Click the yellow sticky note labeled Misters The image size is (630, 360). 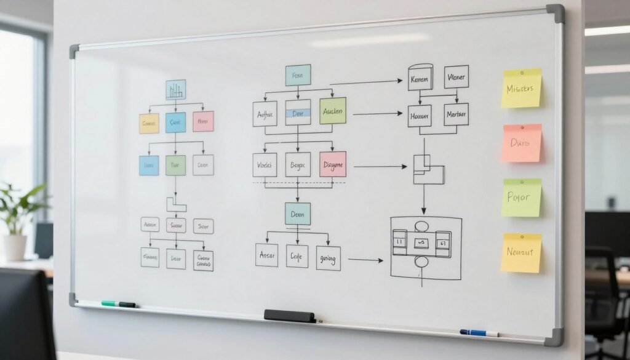[521, 88]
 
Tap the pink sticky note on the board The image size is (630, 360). [521, 143]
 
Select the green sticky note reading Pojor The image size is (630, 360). [521, 198]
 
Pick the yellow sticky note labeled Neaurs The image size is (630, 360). [520, 252]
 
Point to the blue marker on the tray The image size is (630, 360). [479, 333]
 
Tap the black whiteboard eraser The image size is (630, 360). [289, 316]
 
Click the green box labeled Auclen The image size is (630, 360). [333, 111]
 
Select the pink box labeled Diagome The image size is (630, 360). [333, 164]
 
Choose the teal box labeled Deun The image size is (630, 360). [298, 213]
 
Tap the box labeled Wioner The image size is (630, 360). [457, 77]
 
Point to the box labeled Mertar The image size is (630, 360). [456, 114]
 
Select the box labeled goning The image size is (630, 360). [329, 258]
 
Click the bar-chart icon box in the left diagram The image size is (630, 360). [175, 90]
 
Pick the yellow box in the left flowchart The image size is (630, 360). [149, 123]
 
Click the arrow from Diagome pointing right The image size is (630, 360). [380, 166]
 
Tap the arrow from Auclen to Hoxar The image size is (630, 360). [377, 113]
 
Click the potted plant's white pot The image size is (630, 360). [15, 247]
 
